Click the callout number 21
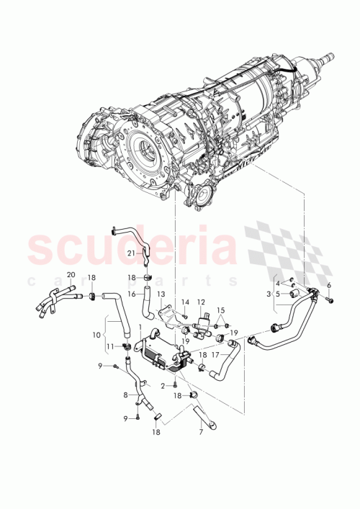coord(130,253)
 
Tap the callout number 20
coord(71,276)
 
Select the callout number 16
coord(132,294)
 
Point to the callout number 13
coord(161,294)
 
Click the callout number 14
coord(184,302)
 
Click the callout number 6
coord(330,286)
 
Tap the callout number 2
coord(163,386)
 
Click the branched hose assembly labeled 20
coord(54,299)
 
